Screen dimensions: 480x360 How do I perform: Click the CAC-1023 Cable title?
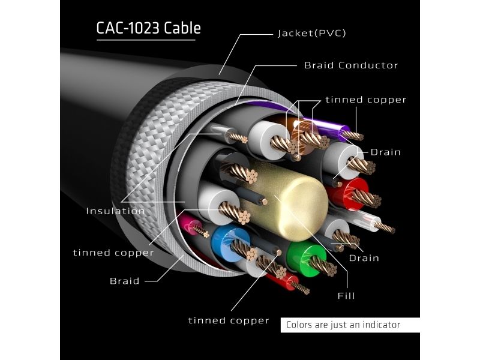pos(148,28)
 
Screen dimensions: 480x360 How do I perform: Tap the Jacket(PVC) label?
pos(311,33)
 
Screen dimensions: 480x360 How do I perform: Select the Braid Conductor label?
pos(351,65)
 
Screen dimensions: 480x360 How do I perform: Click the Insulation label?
pos(115,211)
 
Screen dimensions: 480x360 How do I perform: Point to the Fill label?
pos(346,295)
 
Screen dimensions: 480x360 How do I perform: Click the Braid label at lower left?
pos(125,281)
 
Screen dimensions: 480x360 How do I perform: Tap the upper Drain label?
pos(385,152)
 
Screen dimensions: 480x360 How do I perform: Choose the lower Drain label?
pos(364,258)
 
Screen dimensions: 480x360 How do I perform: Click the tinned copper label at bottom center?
pos(229,320)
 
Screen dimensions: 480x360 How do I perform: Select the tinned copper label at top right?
pos(366,100)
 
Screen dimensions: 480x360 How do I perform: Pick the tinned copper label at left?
pos(113,253)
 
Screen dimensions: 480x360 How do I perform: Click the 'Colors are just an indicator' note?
pos(343,325)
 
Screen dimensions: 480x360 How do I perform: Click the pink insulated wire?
pos(189,225)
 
